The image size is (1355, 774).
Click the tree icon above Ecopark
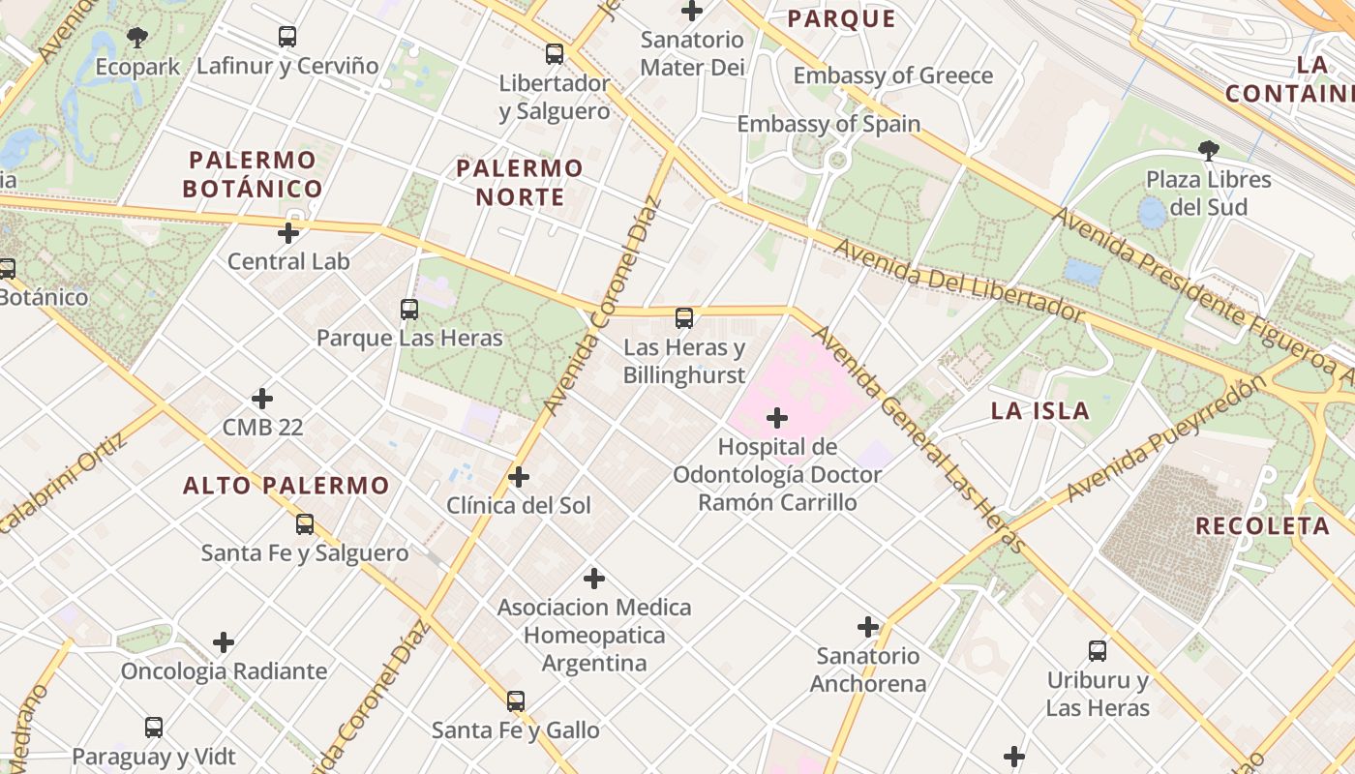click(137, 38)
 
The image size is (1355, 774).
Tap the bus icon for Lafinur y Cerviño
click(286, 37)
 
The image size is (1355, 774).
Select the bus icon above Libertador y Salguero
click(555, 54)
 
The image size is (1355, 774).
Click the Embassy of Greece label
click(892, 75)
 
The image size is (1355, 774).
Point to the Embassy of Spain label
click(828, 124)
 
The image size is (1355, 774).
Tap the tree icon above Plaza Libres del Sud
click(1208, 150)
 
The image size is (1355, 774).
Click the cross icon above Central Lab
click(288, 233)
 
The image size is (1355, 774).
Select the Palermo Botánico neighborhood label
click(253, 174)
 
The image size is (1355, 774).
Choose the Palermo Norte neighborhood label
click(520, 183)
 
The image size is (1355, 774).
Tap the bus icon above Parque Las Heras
click(409, 310)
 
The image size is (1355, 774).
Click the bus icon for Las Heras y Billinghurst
click(684, 317)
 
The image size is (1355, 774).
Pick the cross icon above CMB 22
click(262, 399)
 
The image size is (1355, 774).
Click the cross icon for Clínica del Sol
click(519, 477)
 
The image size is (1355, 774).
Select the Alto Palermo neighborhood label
click(286, 486)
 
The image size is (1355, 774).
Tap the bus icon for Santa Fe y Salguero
click(305, 524)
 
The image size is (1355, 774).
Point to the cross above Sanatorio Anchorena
click(868, 627)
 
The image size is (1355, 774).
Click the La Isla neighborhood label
click(1040, 410)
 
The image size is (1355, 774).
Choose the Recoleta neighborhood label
click(1262, 526)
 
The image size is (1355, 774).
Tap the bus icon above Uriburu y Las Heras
click(1098, 651)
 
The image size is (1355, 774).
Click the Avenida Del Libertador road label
click(958, 282)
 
